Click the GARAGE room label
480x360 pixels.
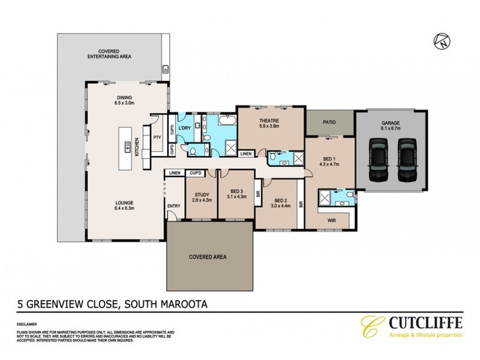(390, 123)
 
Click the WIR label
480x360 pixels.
(332, 220)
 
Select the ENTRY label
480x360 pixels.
(174, 206)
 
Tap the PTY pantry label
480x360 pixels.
(157, 137)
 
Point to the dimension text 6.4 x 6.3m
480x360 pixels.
(125, 208)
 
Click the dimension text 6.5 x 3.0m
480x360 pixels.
(127, 103)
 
